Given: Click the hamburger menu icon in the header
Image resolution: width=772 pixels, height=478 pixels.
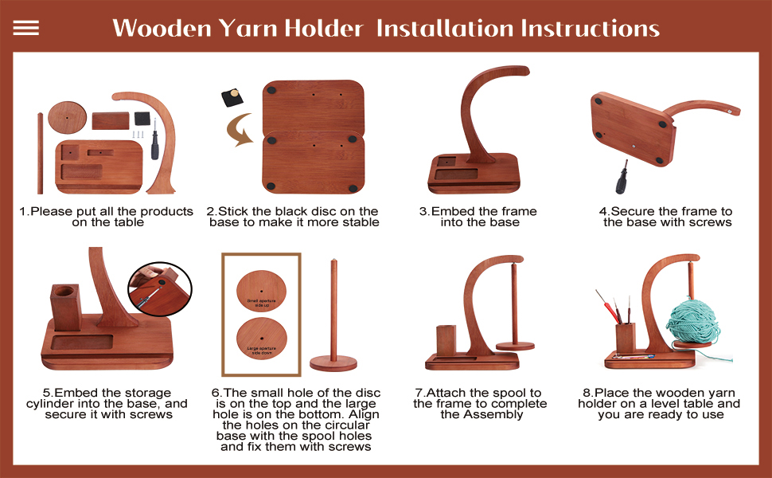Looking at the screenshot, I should [x=26, y=28].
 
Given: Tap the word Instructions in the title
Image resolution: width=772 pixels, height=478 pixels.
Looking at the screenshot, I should [x=589, y=29].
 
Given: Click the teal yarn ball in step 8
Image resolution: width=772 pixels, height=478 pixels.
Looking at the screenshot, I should [x=693, y=320].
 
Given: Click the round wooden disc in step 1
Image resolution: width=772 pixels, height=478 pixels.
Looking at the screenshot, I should [x=67, y=117].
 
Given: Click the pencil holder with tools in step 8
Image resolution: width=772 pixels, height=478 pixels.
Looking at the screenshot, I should [x=625, y=335].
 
